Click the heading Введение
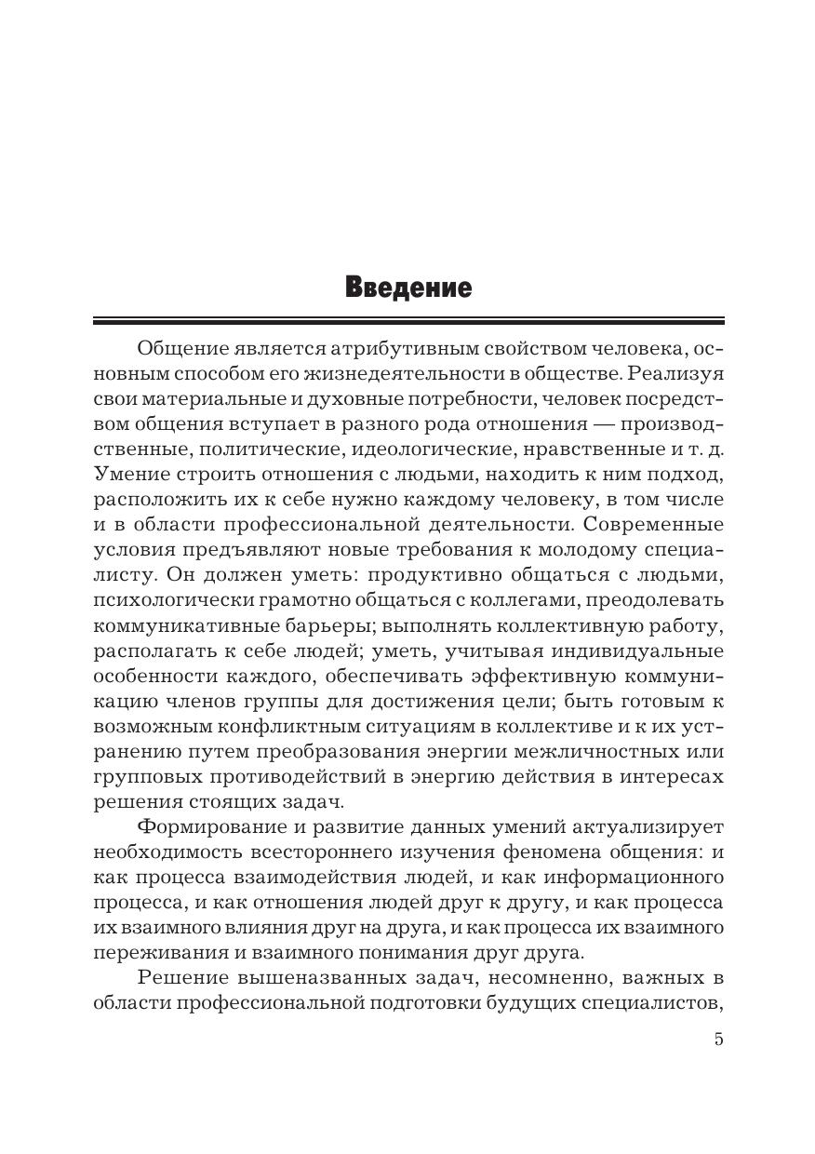407,287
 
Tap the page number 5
718,1040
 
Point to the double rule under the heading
407,321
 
